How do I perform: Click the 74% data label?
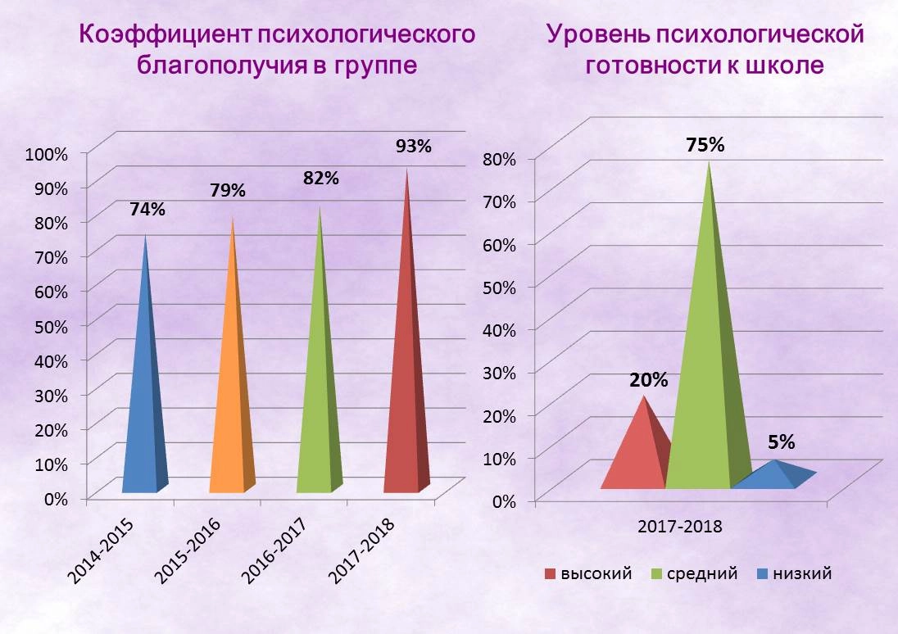[147, 209]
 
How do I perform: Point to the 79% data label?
[228, 191]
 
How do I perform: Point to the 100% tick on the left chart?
[51, 153]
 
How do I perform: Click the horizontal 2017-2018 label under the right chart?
[679, 527]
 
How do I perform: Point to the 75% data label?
[705, 145]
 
